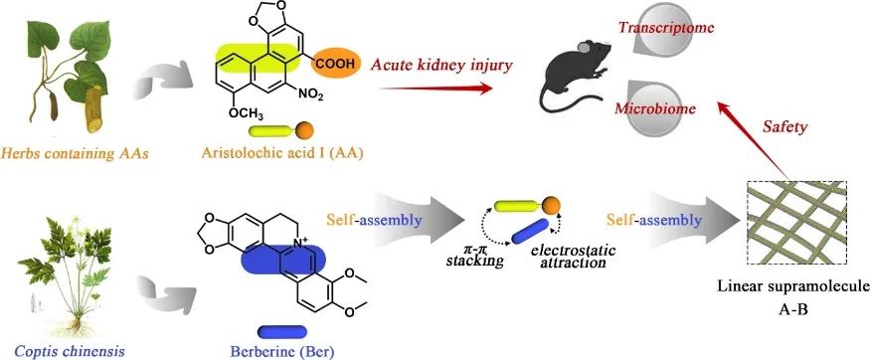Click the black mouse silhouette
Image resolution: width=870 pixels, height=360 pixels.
[576, 77]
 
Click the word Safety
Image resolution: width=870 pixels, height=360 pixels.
[785, 127]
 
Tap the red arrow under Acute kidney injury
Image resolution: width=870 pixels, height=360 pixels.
[436, 88]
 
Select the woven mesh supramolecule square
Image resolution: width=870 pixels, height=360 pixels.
[796, 223]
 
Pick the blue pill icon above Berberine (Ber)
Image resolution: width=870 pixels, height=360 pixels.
[281, 332]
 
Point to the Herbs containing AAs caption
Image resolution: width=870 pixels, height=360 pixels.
[75, 153]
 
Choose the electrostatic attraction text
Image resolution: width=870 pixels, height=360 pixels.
[573, 255]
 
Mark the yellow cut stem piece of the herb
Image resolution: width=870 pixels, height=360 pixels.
[95, 109]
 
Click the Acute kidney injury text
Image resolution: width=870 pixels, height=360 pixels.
[441, 65]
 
